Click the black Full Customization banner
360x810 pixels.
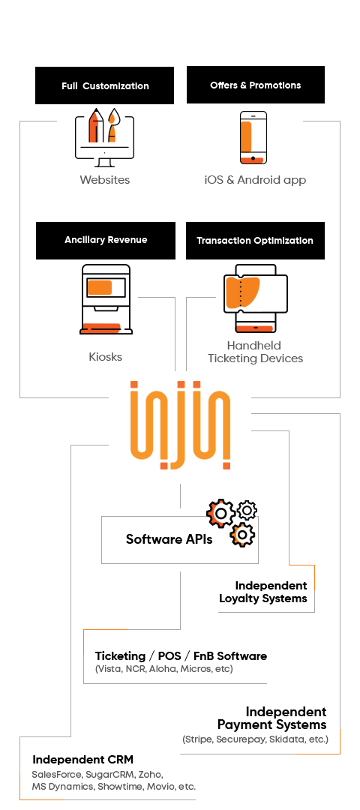tap(104, 85)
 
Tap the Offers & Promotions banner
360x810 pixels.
tap(256, 85)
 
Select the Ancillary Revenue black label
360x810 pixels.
tap(105, 240)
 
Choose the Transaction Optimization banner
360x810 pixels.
tap(255, 240)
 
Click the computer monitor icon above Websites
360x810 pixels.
tap(104, 137)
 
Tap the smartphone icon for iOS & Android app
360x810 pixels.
tap(253, 137)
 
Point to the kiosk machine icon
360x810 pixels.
tap(106, 299)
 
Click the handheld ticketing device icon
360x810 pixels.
tap(255, 298)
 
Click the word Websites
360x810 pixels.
tap(105, 180)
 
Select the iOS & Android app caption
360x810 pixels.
tap(255, 180)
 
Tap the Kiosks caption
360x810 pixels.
tap(105, 357)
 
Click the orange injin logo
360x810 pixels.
tap(180, 425)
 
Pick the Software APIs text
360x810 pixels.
tap(169, 539)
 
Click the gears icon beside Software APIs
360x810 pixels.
tap(232, 522)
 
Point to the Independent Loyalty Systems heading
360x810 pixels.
tap(263, 592)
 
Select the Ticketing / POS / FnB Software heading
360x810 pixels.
tap(181, 656)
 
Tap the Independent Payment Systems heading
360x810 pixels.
tap(271, 718)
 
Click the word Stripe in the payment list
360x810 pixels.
tap(198, 739)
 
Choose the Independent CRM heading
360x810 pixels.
tap(82, 759)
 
